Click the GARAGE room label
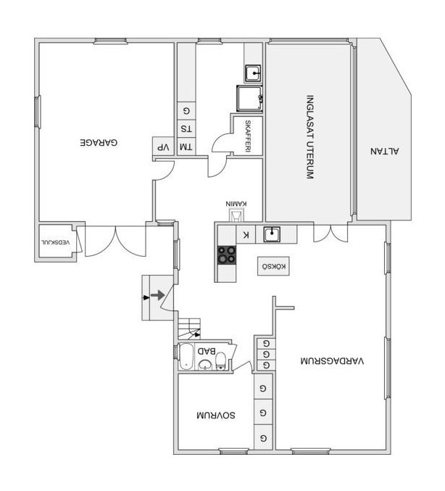(x=99, y=142)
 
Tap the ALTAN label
(x=385, y=152)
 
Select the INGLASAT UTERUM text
(x=309, y=137)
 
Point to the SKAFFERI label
(x=248, y=136)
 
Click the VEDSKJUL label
(x=56, y=242)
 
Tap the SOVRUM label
(x=216, y=416)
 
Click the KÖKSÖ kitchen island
(x=273, y=266)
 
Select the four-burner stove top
(x=227, y=255)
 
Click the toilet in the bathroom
(x=221, y=361)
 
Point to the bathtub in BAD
(x=186, y=357)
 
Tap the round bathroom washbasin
(x=205, y=365)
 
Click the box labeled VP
(x=163, y=147)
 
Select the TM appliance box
(x=186, y=147)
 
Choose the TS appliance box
(x=186, y=128)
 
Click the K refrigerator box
(x=246, y=234)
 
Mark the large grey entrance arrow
(x=158, y=295)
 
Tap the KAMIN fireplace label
(x=236, y=204)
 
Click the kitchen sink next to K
(x=272, y=234)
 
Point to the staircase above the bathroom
(x=189, y=329)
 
